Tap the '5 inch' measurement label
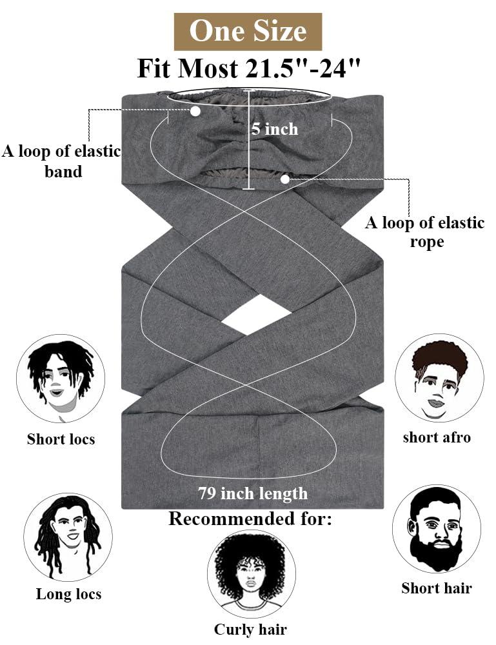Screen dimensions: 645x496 (x=275, y=129)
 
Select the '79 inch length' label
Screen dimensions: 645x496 (x=253, y=494)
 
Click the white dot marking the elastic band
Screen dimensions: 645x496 (x=195, y=111)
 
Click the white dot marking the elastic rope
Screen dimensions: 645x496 (x=285, y=179)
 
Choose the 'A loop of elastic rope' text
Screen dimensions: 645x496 (x=425, y=232)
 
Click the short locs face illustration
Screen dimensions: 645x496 (x=61, y=378)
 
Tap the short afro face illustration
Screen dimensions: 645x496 (x=439, y=378)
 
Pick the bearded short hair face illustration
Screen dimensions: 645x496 (x=437, y=529)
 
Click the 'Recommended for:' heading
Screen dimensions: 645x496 (x=250, y=519)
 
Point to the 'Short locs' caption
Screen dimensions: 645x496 (x=61, y=439)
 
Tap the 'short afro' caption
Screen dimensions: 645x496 (x=437, y=437)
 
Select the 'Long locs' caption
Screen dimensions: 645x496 (x=68, y=594)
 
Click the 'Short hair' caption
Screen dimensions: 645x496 (x=437, y=588)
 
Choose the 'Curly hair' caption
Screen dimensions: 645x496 (x=250, y=630)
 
